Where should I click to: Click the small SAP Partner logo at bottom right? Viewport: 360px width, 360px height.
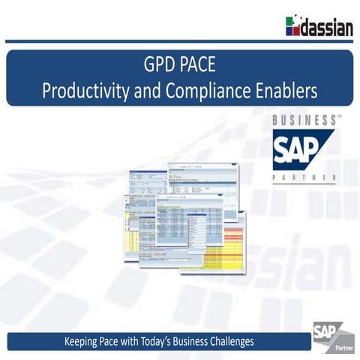(x=330, y=337)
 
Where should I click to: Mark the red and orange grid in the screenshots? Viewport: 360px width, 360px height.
(x=225, y=250)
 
